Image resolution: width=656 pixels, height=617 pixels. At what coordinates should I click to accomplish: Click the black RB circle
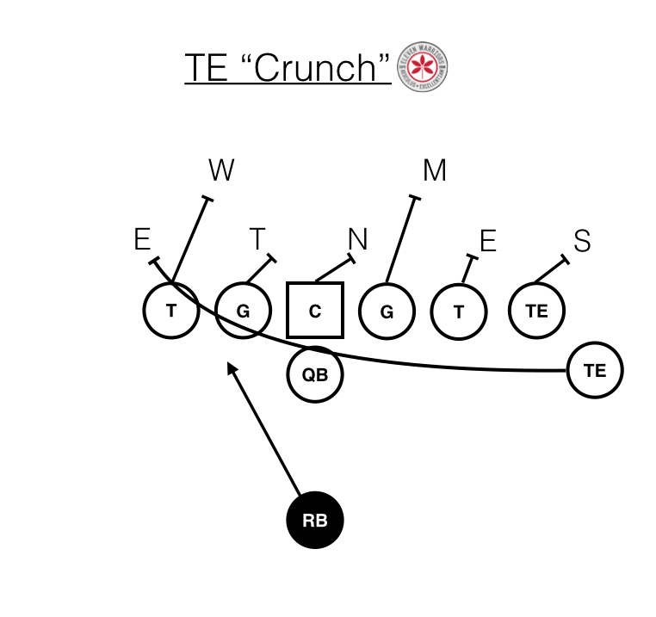click(x=314, y=521)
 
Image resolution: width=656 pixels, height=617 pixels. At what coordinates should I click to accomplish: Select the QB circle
click(x=314, y=374)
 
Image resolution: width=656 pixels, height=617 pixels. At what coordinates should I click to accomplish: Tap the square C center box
click(x=314, y=311)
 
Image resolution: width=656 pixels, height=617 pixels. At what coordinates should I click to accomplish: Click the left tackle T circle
click(x=171, y=311)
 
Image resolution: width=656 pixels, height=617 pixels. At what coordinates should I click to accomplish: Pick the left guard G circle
click(x=243, y=311)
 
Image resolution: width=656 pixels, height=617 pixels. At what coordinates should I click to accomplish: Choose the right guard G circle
click(x=387, y=311)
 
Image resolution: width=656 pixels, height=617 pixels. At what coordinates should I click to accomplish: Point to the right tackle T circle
click(x=459, y=311)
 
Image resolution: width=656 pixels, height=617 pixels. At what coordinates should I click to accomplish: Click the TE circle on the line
click(x=537, y=311)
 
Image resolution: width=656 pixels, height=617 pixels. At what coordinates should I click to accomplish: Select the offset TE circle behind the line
click(x=594, y=370)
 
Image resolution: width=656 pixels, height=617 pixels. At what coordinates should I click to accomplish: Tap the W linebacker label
click(x=221, y=171)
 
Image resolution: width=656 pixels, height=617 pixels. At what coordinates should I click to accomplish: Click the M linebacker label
click(x=435, y=171)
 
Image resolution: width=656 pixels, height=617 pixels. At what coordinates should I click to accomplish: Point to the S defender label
click(x=582, y=242)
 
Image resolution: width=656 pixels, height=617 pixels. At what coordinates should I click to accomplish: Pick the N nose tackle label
click(x=357, y=239)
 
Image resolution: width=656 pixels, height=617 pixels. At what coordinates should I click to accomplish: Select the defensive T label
click(x=258, y=239)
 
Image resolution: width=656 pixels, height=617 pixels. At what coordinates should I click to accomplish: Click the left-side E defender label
click(x=142, y=239)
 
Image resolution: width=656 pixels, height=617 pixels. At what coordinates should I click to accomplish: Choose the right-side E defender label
click(x=487, y=242)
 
